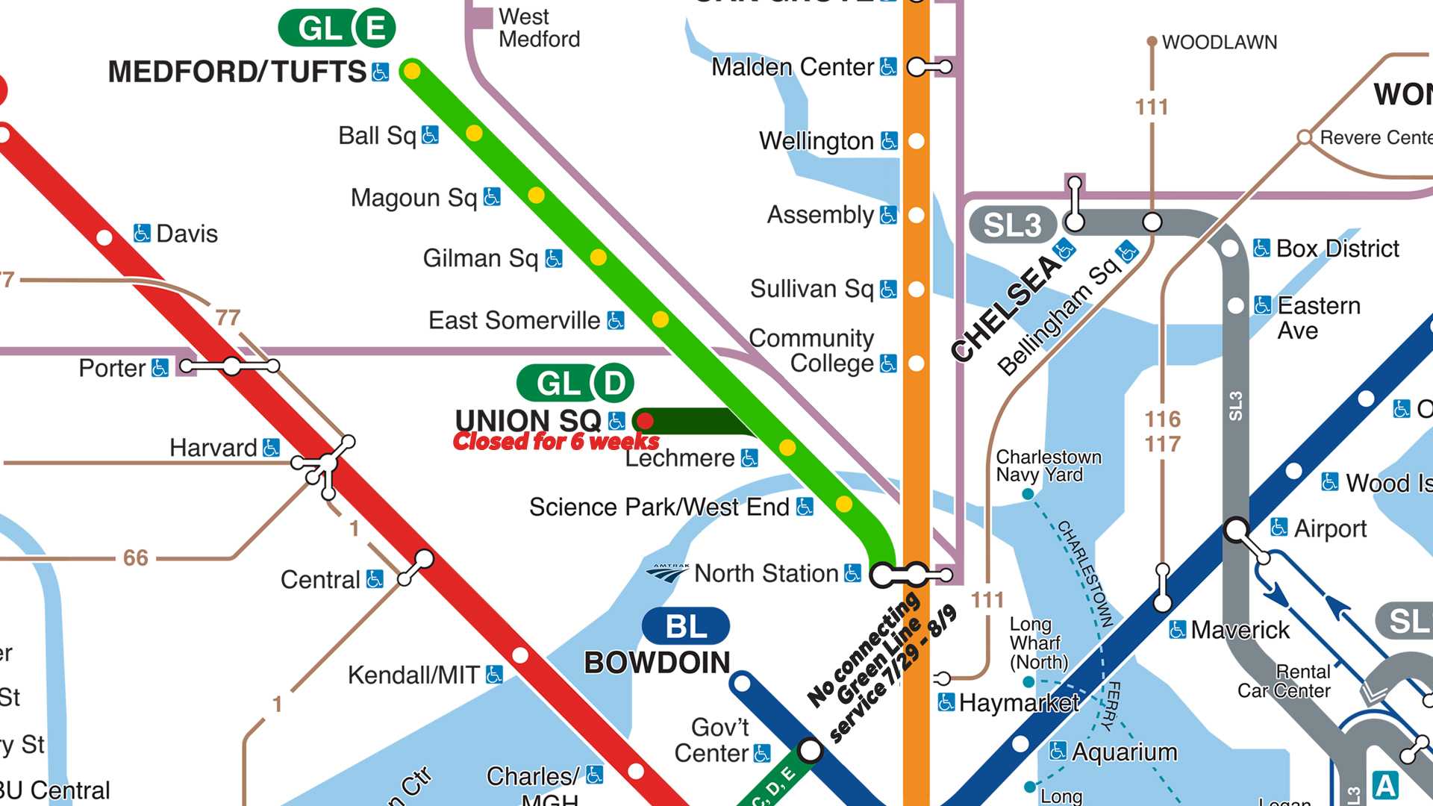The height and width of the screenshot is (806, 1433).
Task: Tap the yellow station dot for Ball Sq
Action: [x=474, y=134]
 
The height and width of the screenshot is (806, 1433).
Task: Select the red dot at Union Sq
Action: [x=646, y=420]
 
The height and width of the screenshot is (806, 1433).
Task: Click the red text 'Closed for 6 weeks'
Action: [x=556, y=442]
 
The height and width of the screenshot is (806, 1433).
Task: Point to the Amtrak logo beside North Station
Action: [x=668, y=572]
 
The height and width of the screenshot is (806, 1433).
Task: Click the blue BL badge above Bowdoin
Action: [x=685, y=626]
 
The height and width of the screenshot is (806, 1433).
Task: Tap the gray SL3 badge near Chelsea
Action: [x=1012, y=225]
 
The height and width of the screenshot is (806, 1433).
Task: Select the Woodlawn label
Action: [x=1219, y=43]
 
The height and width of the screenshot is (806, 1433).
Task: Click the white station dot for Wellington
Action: [x=917, y=141]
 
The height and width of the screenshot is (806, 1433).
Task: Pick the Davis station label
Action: [x=187, y=234]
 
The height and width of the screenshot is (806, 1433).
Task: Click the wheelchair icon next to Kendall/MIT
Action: [x=494, y=675]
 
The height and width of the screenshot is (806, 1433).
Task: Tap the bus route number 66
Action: [x=135, y=557]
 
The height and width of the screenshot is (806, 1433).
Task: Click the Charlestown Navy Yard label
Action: [x=1048, y=466]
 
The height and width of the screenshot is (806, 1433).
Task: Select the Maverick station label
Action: [x=1240, y=630]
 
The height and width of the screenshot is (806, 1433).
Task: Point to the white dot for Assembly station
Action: [x=917, y=215]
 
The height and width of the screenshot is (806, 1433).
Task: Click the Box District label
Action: [x=1337, y=249]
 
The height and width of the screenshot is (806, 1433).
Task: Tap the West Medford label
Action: [x=538, y=28]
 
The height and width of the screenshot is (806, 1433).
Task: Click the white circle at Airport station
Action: [x=1236, y=530]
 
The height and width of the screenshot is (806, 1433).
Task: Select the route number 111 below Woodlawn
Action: [x=1152, y=107]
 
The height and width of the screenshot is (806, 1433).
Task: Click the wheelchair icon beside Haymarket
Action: [x=946, y=702]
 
